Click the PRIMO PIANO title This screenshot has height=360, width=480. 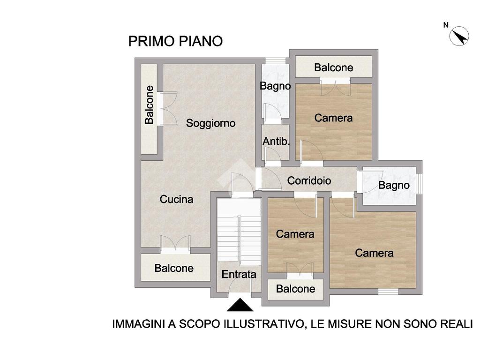click(175, 41)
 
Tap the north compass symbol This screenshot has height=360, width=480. click(459, 36)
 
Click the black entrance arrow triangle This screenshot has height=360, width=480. click(240, 305)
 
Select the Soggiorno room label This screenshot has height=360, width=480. click(210, 123)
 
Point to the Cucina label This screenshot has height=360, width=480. click(177, 199)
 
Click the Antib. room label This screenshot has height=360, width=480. click(276, 142)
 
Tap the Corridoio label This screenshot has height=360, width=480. click(309, 180)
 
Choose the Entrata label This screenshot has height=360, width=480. click(239, 274)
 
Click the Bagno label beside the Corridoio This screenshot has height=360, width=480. click(394, 185)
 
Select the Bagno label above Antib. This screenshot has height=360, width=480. click(275, 86)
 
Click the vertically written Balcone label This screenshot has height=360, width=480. click(149, 105)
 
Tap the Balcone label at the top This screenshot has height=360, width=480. click(334, 67)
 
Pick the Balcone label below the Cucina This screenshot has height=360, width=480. click(174, 268)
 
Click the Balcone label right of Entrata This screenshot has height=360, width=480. click(295, 289)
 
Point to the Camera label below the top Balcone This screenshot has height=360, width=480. click(333, 118)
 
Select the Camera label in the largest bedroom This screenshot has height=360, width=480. click(374, 253)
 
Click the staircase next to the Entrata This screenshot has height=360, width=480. click(239, 232)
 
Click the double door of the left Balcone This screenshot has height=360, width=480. click(167, 108)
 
